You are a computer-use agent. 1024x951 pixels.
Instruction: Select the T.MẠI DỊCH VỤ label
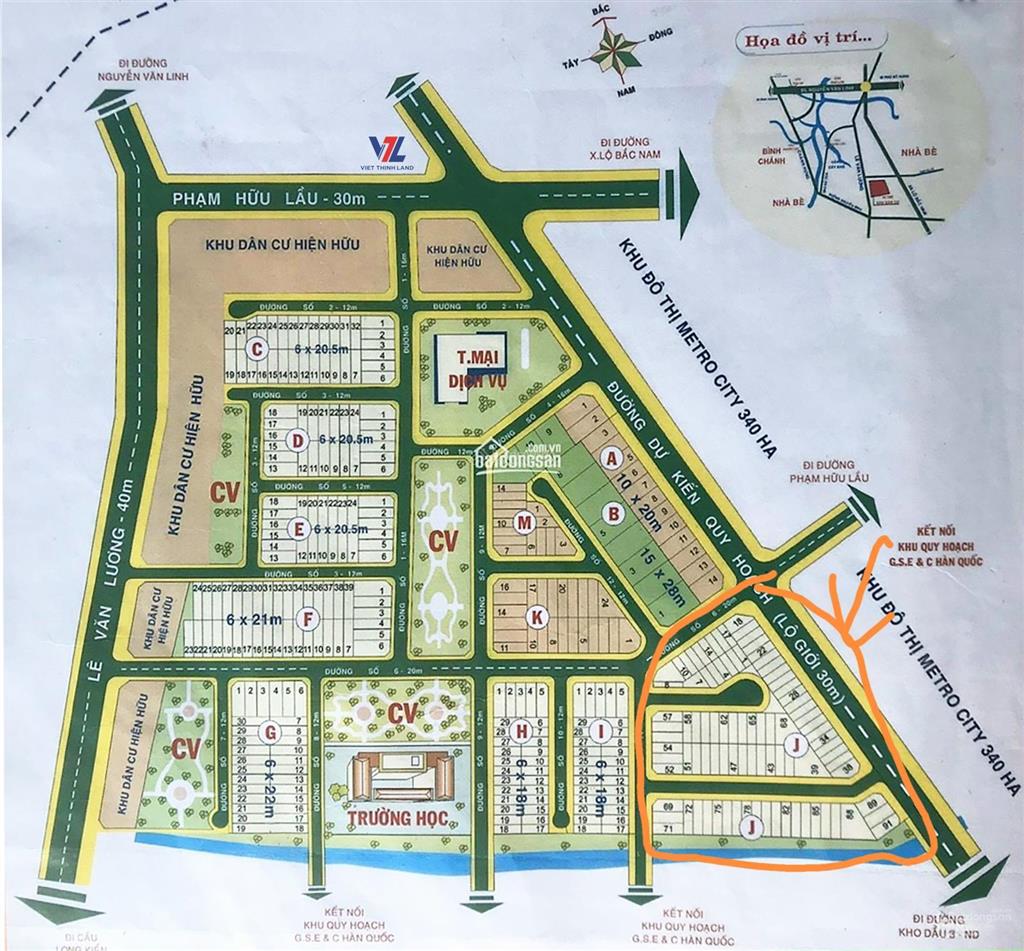pos(476,368)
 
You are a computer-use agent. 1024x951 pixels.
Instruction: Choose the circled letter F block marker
pos(309,620)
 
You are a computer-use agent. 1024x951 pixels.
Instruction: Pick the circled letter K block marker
pos(537,617)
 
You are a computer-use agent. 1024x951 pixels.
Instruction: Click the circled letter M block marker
pos(523,521)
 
